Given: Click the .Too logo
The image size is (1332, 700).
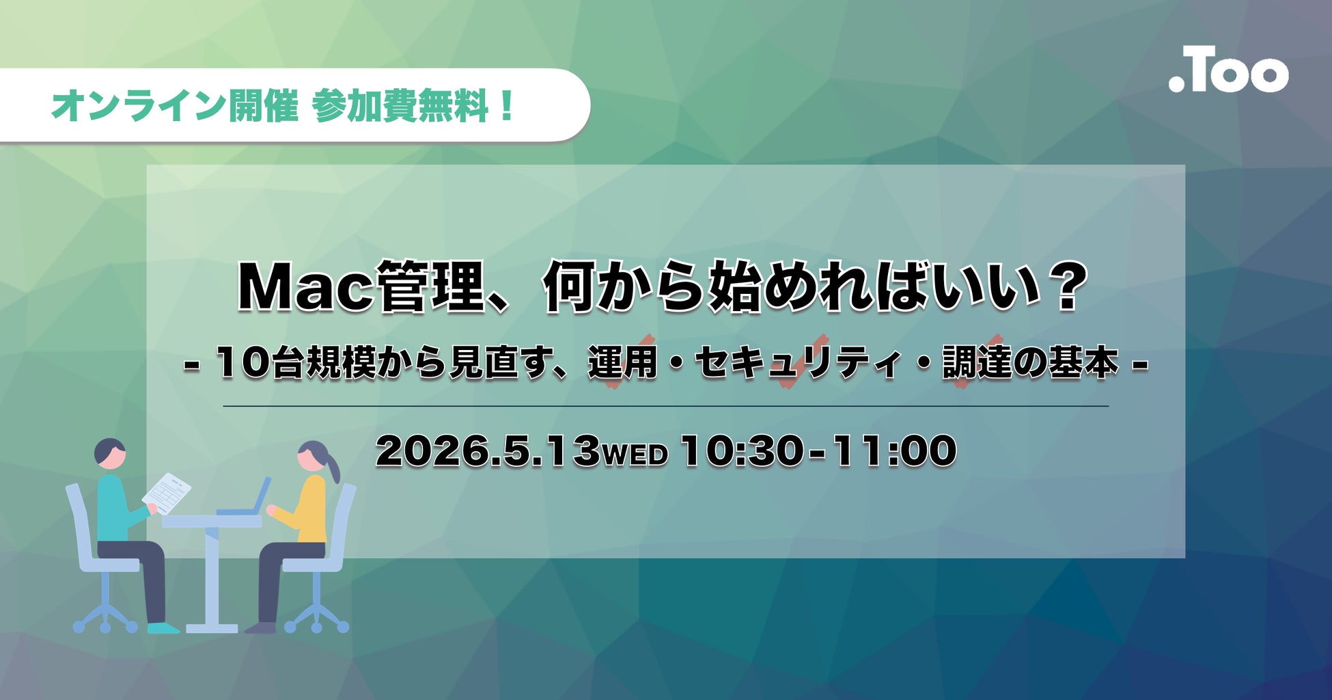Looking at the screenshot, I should (x=1227, y=70).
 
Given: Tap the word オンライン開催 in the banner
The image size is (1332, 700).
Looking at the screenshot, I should (x=174, y=107).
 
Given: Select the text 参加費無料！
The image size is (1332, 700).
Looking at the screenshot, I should (x=413, y=107).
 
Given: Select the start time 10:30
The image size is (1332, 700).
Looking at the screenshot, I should (x=740, y=452).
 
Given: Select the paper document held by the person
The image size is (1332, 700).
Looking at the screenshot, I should (x=167, y=492).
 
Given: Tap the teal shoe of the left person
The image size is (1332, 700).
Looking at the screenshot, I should (x=163, y=627).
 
